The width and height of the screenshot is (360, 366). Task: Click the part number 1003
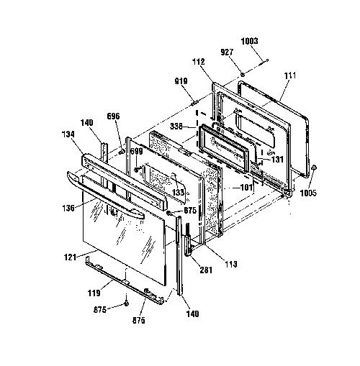click(249, 41)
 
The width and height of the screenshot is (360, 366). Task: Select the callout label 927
click(227, 52)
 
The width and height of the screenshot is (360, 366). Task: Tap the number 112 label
click(199, 62)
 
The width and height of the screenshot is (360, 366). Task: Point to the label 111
click(290, 76)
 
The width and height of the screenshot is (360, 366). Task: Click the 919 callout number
click(181, 81)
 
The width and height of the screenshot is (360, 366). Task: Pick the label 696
click(113, 116)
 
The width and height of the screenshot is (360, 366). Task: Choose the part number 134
click(68, 134)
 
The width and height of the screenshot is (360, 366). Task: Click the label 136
click(68, 208)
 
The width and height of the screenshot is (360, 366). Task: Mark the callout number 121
click(70, 257)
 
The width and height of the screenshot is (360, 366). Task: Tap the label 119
click(94, 293)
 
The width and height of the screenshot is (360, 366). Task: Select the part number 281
click(206, 270)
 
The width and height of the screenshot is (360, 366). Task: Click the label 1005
click(308, 193)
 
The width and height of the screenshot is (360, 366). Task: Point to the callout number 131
click(277, 160)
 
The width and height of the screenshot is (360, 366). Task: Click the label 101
click(246, 187)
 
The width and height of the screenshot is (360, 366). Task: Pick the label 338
click(176, 126)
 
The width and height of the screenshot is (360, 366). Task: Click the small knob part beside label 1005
click(314, 168)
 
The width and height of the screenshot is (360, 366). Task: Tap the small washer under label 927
click(243, 75)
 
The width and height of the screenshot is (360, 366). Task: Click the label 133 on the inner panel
click(178, 192)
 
